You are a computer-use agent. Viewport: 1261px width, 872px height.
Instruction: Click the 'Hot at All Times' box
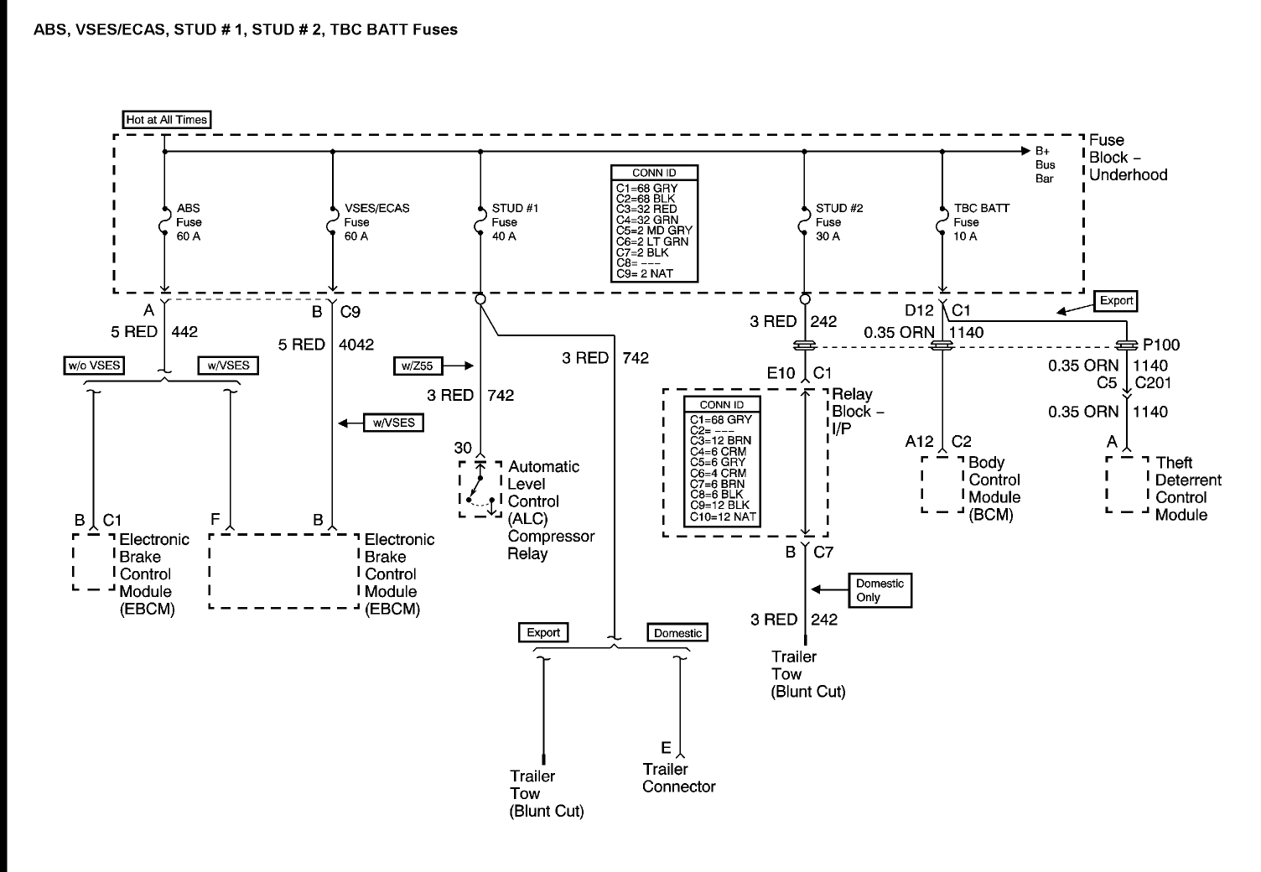[x=167, y=119]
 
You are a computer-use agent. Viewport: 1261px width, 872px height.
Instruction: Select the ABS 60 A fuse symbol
[x=163, y=221]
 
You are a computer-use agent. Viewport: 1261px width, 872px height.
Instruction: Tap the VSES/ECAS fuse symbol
[x=332, y=221]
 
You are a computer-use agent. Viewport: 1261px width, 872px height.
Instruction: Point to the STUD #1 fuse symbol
[x=480, y=221]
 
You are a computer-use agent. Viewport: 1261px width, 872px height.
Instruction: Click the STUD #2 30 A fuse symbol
[x=804, y=221]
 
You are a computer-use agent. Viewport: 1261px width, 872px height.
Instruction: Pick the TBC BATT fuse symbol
[x=942, y=221]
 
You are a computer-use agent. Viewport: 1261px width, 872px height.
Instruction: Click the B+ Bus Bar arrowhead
[x=1025, y=151]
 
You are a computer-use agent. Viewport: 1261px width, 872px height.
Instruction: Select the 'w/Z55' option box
[x=418, y=366]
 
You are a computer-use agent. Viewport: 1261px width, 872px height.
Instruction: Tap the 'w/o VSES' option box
[x=94, y=366]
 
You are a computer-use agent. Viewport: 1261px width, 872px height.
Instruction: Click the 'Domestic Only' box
[x=880, y=590]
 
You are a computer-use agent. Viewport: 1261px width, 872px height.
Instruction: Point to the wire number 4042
[x=356, y=345]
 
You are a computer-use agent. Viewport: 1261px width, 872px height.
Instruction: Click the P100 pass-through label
[x=1161, y=345]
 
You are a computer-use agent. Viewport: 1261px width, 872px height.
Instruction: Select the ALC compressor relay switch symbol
[x=480, y=489]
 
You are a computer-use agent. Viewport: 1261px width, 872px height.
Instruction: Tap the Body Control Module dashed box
[x=942, y=484]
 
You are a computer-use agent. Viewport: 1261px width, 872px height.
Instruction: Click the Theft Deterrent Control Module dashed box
[x=1127, y=484]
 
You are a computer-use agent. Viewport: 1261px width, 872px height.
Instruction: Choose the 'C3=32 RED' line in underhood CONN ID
[x=646, y=210]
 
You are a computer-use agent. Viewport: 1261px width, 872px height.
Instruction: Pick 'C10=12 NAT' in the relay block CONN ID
[x=723, y=516]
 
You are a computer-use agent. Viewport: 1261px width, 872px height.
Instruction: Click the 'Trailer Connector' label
[x=679, y=778]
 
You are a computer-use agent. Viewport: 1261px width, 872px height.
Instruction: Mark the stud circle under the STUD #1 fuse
[x=480, y=299]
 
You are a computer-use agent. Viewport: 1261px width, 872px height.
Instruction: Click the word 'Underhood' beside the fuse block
[x=1129, y=175]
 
